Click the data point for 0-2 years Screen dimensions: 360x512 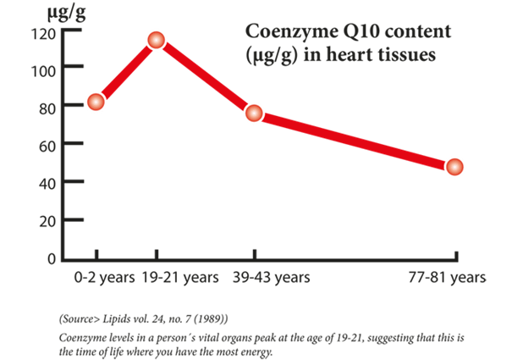coord(96,102)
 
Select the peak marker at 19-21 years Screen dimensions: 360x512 coord(156,40)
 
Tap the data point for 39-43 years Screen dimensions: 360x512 coord(254,113)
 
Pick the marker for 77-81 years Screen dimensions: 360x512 coord(454,167)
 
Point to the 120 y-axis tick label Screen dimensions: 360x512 coord(44,34)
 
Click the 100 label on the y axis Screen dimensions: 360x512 coord(44,70)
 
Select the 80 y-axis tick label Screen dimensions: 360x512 coord(47,108)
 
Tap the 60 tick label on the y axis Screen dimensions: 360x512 coord(47,145)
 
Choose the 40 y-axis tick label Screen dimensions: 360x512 coord(47,182)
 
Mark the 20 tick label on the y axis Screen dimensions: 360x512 coord(47,220)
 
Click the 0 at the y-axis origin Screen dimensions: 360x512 coord(52,258)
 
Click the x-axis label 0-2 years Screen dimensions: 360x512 coord(97,277)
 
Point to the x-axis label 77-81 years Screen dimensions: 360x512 coord(448,277)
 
